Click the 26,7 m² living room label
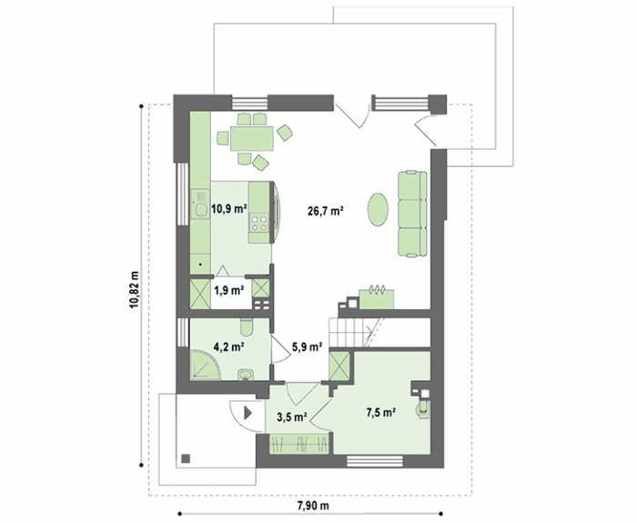pyautogui.click(x=326, y=211)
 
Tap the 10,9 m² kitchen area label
pyautogui.click(x=229, y=209)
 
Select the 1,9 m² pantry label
pyautogui.click(x=228, y=290)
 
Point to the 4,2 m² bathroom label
pyautogui.click(x=228, y=347)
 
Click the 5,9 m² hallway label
pyautogui.click(x=308, y=347)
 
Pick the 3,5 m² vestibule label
pyautogui.click(x=292, y=417)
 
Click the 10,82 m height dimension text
pyautogui.click(x=134, y=289)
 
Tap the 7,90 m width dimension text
pyautogui.click(x=313, y=506)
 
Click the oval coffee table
pyautogui.click(x=378, y=209)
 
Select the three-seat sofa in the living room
pyautogui.click(x=412, y=215)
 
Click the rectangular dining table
pyautogui.click(x=252, y=139)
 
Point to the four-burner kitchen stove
pyautogui.click(x=259, y=223)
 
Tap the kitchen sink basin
pyautogui.click(x=201, y=209)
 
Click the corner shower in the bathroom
pyautogui.click(x=205, y=365)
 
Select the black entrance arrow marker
pyautogui.click(x=248, y=413)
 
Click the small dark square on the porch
pyautogui.click(x=186, y=458)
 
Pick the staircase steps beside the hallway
pyautogui.click(x=355, y=333)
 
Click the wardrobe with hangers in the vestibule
pyautogui.click(x=299, y=444)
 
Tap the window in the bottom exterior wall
pyautogui.click(x=375, y=461)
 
